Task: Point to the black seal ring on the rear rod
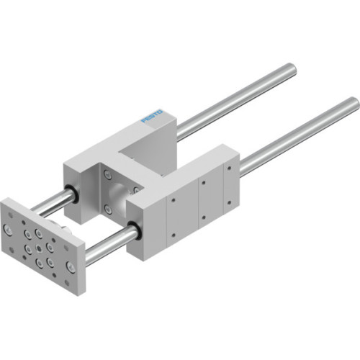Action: point(73,193)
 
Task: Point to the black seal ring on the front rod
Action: point(134,231)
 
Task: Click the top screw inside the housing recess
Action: point(108,175)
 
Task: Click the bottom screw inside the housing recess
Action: point(108,209)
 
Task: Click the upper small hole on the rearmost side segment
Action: point(228,166)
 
